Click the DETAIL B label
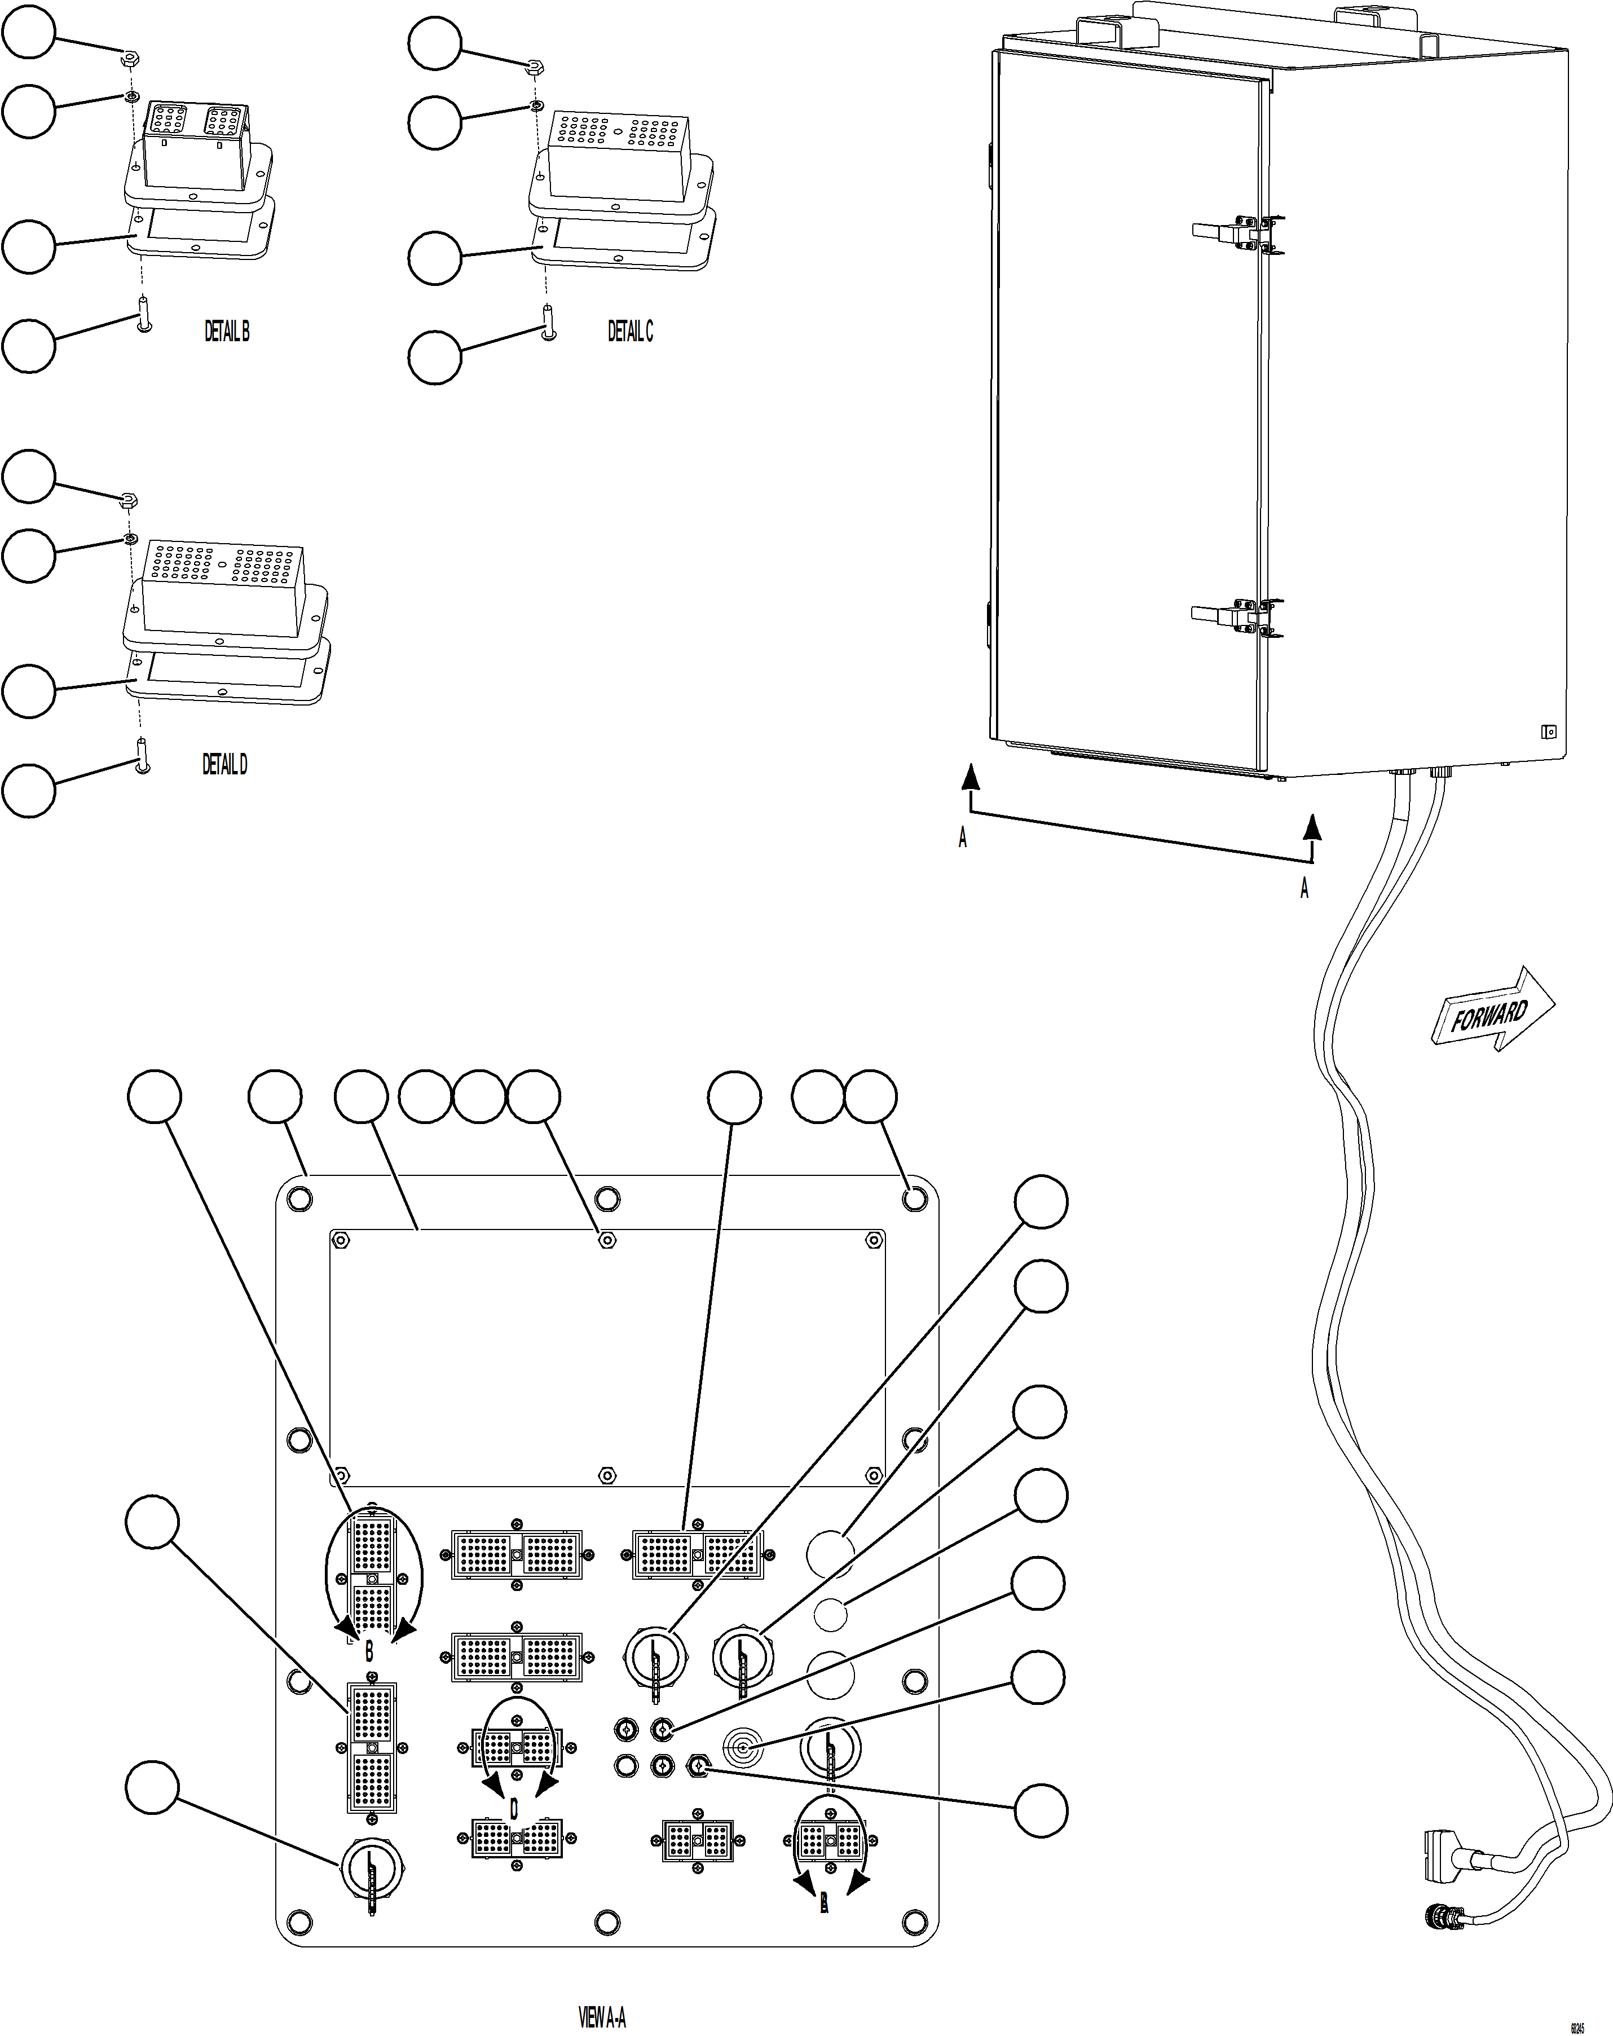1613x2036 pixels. click(227, 332)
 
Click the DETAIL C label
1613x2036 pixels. click(630, 332)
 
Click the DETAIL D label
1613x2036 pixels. click(225, 765)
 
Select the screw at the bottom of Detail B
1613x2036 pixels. click(144, 315)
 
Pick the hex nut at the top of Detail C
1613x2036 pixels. click(534, 66)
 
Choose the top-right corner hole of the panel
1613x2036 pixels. click(914, 1199)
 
